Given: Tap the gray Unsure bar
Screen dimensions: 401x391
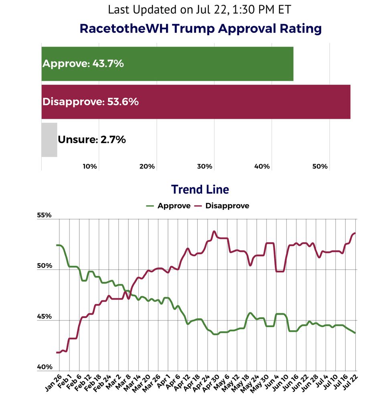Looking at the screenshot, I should tap(49, 140).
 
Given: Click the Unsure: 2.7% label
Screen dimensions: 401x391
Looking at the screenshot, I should tap(92, 140).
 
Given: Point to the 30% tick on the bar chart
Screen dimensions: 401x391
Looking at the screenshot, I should tap(205, 166).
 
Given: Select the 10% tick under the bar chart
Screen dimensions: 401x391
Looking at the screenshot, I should tap(90, 166).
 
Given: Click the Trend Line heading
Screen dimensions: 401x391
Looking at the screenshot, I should tap(200, 189).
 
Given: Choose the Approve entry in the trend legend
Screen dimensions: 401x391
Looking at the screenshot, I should tap(168, 206).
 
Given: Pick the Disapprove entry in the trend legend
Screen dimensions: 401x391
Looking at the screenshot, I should tap(222, 206).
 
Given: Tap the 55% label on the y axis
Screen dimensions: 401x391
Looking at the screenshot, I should tap(45, 215).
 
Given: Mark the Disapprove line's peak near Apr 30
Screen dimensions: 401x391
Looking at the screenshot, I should tap(214, 231).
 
